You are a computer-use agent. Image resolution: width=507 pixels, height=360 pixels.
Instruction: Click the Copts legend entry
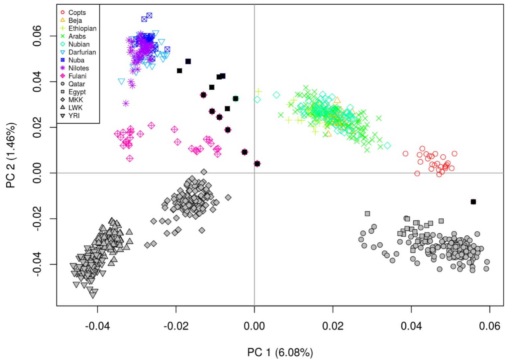point(77,13)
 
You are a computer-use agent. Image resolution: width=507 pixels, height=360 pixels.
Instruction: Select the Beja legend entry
point(75,21)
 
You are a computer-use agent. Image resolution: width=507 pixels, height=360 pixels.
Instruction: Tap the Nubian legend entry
point(79,44)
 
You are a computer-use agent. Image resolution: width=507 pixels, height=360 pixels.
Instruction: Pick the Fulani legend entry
point(77,76)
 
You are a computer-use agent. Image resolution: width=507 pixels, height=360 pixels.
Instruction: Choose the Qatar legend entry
point(76,84)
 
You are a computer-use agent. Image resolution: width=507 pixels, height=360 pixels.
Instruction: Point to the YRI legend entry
point(74,116)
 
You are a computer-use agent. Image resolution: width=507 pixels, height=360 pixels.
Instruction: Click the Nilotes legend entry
point(78,68)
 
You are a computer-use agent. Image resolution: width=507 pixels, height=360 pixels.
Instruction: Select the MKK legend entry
point(75,100)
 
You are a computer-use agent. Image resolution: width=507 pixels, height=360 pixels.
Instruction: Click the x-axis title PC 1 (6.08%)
point(280,352)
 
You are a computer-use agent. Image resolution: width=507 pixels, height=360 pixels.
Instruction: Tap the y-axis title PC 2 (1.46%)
point(11,155)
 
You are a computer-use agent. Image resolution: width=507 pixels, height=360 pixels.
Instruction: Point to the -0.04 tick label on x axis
point(97,326)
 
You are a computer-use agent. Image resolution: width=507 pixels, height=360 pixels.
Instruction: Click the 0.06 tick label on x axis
point(489,326)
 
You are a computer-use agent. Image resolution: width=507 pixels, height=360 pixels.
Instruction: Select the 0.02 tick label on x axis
point(333,326)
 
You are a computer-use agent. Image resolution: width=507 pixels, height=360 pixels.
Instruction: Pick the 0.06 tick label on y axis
point(37,36)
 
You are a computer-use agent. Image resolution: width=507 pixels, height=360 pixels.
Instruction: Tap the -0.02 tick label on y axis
point(37,218)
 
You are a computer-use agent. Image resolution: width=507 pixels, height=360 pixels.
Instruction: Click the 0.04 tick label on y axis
point(37,82)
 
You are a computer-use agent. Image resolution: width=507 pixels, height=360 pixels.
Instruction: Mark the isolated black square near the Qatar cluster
point(473,202)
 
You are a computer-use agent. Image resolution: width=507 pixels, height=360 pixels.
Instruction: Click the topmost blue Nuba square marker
point(149,16)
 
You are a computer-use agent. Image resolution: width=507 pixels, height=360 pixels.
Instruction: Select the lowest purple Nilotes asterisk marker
point(126,103)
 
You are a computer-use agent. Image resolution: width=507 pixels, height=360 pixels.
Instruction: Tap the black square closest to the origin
point(257,164)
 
